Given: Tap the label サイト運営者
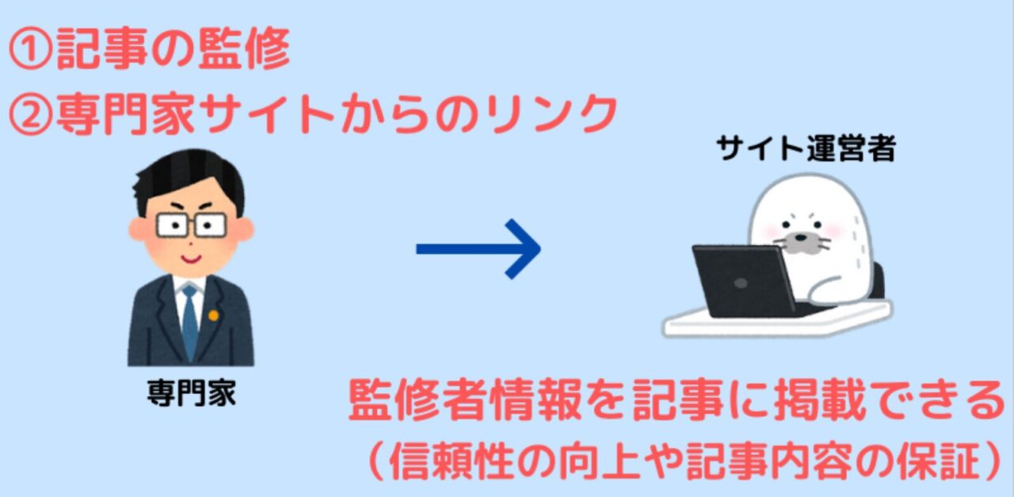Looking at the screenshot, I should coord(806,148).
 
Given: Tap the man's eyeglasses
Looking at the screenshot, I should coord(191,224).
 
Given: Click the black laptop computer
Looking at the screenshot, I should coord(743,281).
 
